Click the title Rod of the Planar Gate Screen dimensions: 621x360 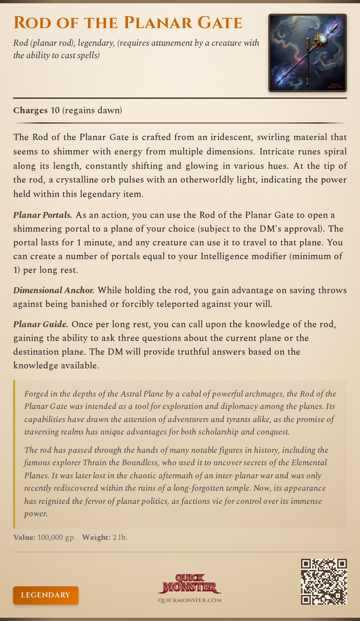click(128, 23)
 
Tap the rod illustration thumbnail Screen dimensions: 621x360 click(307, 53)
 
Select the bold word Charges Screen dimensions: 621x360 click(30, 110)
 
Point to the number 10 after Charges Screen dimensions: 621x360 click(55, 110)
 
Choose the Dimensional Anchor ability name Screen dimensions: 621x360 click(54, 290)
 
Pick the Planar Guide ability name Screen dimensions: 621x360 click(41, 324)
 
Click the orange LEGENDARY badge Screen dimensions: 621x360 click(46, 595)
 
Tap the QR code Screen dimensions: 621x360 click(324, 581)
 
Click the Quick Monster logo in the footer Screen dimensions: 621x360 click(189, 583)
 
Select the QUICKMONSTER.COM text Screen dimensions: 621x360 click(189, 600)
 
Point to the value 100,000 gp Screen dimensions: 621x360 click(56, 537)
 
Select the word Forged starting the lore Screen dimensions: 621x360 click(36, 394)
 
